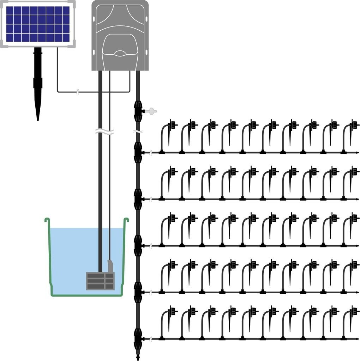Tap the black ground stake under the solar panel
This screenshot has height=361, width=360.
tap(38, 85)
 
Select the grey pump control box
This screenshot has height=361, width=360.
tap(120, 35)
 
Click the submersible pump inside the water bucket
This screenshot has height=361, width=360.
tap(101, 280)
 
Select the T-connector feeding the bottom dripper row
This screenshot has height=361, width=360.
tap(138, 339)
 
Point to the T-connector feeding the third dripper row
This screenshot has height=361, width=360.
tap(138, 245)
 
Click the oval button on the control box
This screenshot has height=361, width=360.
tap(120, 54)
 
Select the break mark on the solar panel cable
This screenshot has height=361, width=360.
tap(78, 93)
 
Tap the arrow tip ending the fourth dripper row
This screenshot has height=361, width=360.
tap(358, 292)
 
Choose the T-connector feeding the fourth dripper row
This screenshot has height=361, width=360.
tap(138, 292)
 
